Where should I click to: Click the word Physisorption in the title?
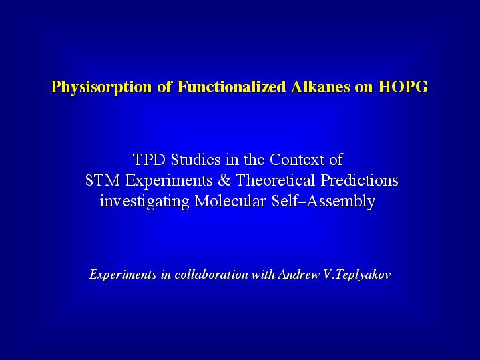101,87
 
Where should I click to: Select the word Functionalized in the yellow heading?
232,86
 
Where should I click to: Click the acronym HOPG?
403,86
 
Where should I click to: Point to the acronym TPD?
149,160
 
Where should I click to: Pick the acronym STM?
103,180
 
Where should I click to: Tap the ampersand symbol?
224,180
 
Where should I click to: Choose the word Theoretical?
275,180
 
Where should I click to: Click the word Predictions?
359,180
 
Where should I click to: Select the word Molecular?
230,201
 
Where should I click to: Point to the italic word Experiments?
123,275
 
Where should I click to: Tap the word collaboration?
211,274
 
